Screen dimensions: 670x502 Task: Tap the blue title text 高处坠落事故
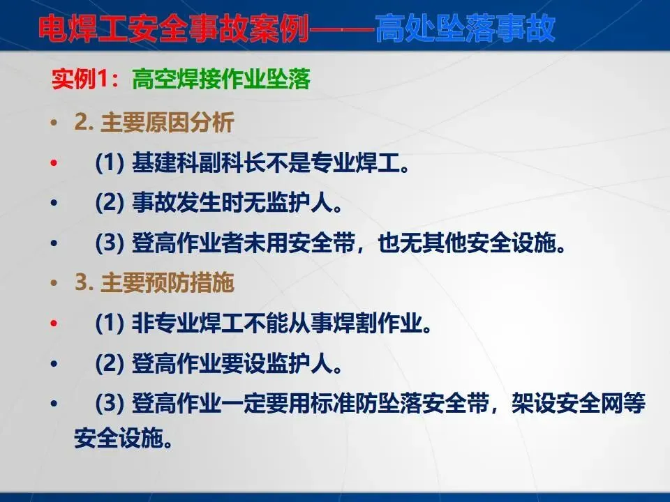coord(466,28)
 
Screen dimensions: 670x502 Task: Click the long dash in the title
coord(342,29)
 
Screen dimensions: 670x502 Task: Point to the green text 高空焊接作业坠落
coord(221,79)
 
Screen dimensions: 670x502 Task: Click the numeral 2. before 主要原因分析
coord(84,123)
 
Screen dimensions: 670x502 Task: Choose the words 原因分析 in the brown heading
coord(190,123)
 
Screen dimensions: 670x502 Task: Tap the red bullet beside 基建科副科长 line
coord(54,162)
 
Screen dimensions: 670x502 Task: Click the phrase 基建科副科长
coord(198,162)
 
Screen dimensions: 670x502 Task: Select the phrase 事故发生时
coord(187,202)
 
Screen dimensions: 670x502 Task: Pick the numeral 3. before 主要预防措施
coord(84,282)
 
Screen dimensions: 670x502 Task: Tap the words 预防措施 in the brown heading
coord(190,282)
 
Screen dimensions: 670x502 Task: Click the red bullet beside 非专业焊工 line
coord(54,323)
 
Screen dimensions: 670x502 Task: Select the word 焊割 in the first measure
coord(355,323)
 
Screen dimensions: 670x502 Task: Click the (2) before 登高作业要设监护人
coord(110,364)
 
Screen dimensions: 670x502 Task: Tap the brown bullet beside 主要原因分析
coord(54,123)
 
